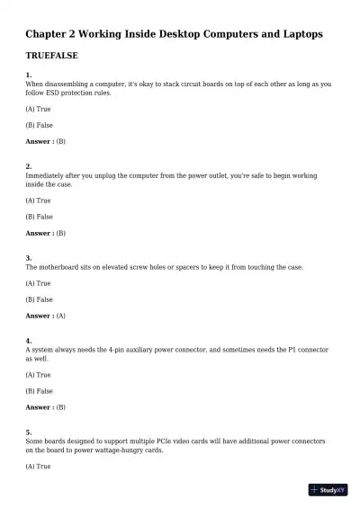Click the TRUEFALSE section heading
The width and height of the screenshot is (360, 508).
51,56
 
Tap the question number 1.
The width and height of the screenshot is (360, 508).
29,75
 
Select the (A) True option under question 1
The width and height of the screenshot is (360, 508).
38,108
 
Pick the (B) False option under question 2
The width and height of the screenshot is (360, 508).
39,217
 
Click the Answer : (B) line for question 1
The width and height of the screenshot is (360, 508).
45,141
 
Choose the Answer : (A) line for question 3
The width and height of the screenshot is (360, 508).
45,316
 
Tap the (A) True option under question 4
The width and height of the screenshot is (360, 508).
38,375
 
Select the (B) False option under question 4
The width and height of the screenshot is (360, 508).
39,391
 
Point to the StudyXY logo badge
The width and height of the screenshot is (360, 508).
328,490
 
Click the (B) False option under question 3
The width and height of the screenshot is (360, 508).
39,299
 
